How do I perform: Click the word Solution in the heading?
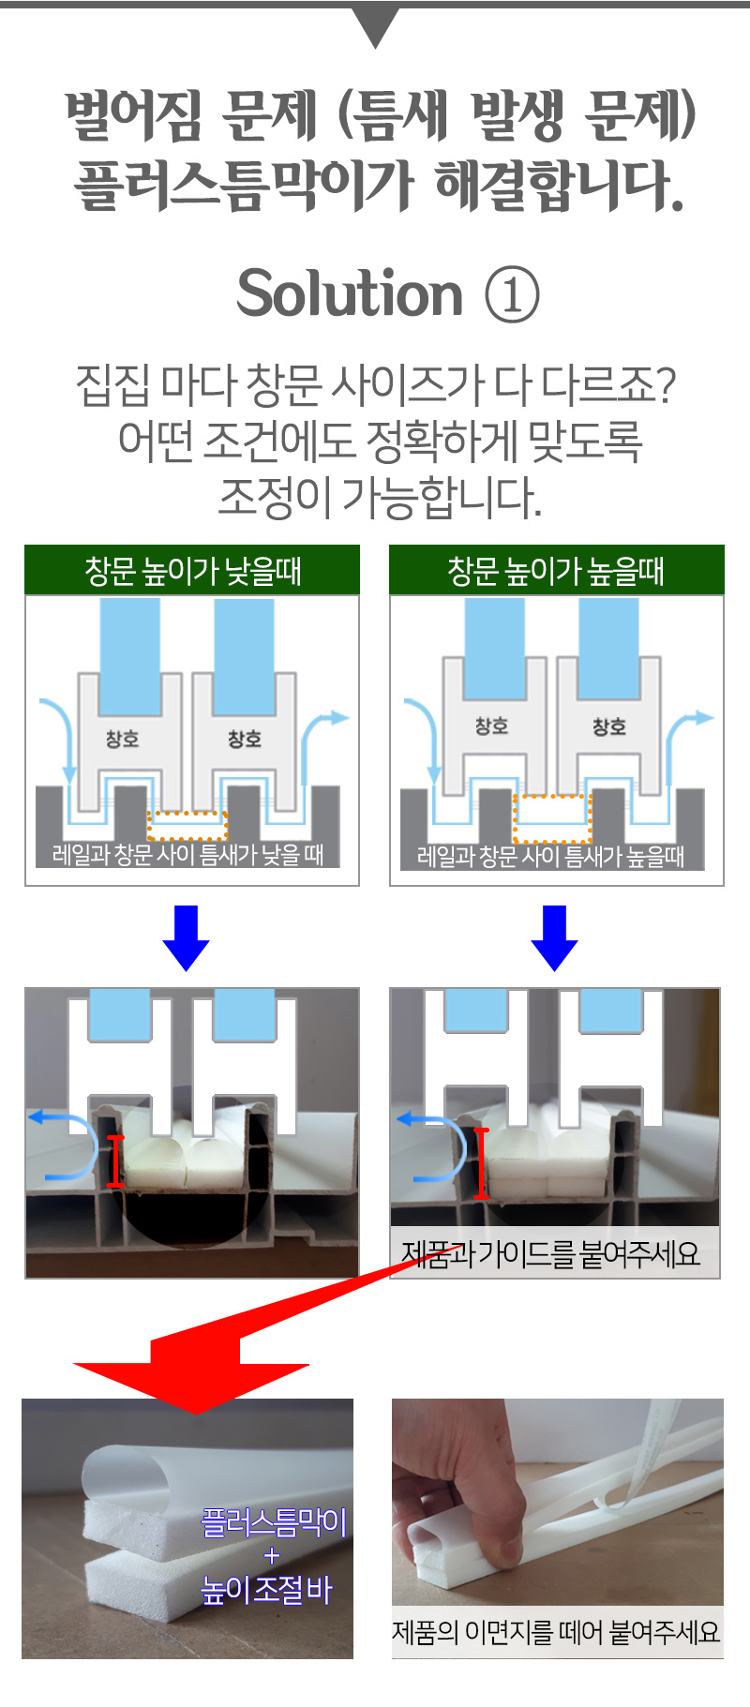pos(350,293)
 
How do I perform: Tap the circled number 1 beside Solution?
pos(512,294)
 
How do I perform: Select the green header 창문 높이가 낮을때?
pos(192,570)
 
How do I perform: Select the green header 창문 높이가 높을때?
pos(556,570)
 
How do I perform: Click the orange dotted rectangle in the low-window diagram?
pos(187,826)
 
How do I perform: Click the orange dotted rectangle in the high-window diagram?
pos(552,819)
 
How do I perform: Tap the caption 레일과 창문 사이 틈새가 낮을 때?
pos(187,854)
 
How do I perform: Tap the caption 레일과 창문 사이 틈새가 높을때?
pos(551,855)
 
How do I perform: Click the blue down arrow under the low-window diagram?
pos(186,937)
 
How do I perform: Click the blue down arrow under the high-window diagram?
pos(554,937)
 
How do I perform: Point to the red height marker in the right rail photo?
pos(481,1164)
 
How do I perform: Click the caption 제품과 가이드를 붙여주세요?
pos(550,1253)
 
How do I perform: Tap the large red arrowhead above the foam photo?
pos(191,1377)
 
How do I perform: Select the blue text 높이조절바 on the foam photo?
pos(267,1590)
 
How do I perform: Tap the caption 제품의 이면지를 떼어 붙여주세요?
pos(556,1632)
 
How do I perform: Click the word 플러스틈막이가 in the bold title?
pos(244,184)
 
